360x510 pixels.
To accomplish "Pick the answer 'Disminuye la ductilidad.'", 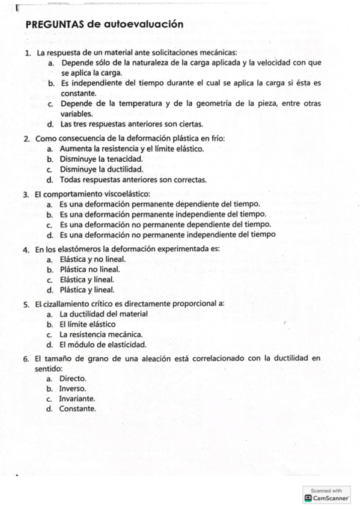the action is tap(101, 169).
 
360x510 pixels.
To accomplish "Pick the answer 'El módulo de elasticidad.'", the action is tap(103, 345).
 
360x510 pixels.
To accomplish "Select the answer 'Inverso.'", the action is tap(73, 389).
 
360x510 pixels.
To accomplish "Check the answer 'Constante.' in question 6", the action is tap(77, 409).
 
